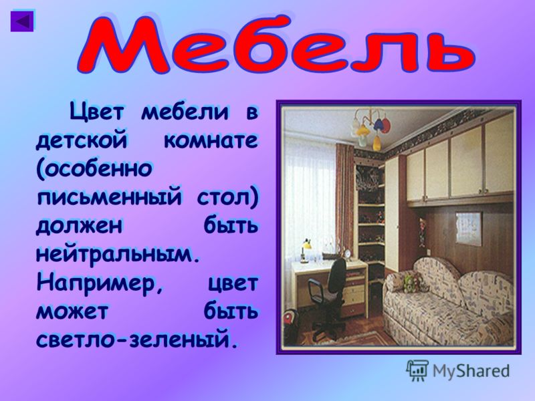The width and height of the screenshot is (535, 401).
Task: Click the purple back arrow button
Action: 22,21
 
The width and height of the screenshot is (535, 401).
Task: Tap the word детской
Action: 82,139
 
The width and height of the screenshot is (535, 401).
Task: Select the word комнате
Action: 211,140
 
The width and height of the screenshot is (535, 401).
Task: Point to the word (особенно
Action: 94,168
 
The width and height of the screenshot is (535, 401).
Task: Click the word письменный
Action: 109,197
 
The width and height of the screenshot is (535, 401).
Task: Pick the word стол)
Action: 227,196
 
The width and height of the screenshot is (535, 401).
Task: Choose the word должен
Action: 79,225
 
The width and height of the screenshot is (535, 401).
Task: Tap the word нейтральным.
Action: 118,254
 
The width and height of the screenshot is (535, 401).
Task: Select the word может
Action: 72,311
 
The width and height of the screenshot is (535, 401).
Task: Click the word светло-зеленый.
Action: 136,339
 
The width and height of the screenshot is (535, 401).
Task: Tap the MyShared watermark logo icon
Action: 417,370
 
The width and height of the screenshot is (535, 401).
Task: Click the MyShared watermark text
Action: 471,370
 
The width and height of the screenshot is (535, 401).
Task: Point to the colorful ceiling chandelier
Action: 371,128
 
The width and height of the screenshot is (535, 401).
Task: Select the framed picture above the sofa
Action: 469,228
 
